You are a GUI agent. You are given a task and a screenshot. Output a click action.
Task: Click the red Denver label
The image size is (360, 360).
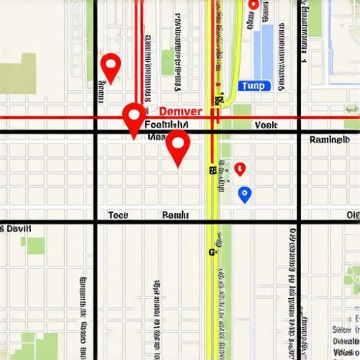click(x=180, y=112)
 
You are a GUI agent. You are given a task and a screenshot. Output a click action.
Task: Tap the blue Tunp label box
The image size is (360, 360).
click(x=253, y=86)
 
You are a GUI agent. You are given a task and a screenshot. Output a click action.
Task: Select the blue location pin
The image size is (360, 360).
click(x=245, y=194)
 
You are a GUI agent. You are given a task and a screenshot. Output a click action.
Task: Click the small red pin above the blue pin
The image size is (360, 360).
click(x=240, y=169)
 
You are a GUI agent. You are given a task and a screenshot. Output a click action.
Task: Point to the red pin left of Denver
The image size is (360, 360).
click(x=134, y=118)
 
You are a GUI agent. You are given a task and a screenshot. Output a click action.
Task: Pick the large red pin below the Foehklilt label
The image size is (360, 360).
click(x=178, y=147)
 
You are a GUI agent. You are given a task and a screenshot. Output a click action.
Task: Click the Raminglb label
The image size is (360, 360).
click(x=329, y=140)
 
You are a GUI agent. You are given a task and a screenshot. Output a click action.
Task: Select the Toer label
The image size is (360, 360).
click(x=118, y=215)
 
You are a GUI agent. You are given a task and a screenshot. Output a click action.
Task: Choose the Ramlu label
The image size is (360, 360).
click(x=176, y=215)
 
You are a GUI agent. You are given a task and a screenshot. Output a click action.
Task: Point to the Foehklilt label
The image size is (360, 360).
click(x=166, y=125)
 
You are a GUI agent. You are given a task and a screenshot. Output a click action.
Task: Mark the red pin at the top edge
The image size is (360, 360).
click(x=253, y=5)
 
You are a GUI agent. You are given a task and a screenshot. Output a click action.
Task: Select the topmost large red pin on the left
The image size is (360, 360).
click(x=110, y=68)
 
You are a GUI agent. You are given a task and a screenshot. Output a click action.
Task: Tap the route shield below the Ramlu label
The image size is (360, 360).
click(x=212, y=252)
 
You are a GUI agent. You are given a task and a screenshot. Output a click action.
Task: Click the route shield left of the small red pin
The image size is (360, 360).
click(x=213, y=171)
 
